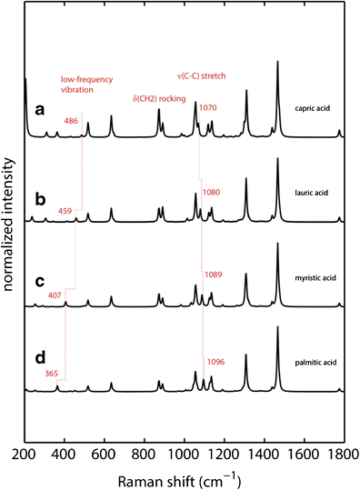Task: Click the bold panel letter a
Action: coord(40,110)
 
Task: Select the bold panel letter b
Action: coord(40,195)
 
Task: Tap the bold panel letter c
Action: coord(40,280)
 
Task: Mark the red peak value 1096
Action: coord(215,361)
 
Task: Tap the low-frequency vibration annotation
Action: coord(80,84)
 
